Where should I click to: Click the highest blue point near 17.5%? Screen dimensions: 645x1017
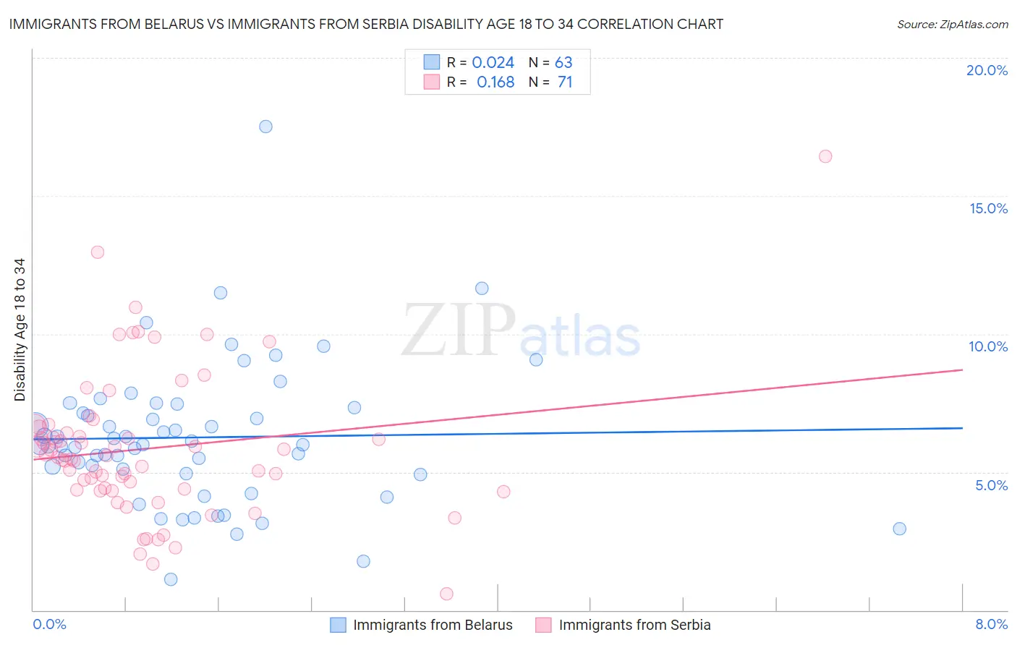pyautogui.click(x=265, y=127)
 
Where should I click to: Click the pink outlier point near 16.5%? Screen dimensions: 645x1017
pyautogui.click(x=825, y=156)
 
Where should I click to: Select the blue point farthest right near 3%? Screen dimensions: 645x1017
pyautogui.click(x=899, y=529)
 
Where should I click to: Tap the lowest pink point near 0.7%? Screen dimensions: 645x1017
pyautogui.click(x=446, y=594)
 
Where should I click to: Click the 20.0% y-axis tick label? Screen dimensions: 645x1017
pyautogui.click(x=987, y=70)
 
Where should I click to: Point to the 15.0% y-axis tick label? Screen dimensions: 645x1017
pyautogui.click(x=988, y=208)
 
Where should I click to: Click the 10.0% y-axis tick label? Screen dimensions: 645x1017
pyautogui.click(x=988, y=346)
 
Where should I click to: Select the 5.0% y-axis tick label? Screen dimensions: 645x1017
pyautogui.click(x=991, y=485)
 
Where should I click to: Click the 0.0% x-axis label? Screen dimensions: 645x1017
pyautogui.click(x=49, y=624)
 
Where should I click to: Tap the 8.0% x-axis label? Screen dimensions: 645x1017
pyautogui.click(x=991, y=624)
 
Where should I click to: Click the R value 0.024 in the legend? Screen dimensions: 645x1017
pyautogui.click(x=493, y=63)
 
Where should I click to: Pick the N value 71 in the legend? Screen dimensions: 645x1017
pyautogui.click(x=564, y=82)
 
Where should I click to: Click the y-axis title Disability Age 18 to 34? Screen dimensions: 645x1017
pyautogui.click(x=20, y=330)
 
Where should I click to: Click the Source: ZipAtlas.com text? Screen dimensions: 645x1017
pyautogui.click(x=952, y=25)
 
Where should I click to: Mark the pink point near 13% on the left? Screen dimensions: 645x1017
pyautogui.click(x=97, y=252)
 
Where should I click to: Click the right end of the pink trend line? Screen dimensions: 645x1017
pyautogui.click(x=962, y=370)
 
